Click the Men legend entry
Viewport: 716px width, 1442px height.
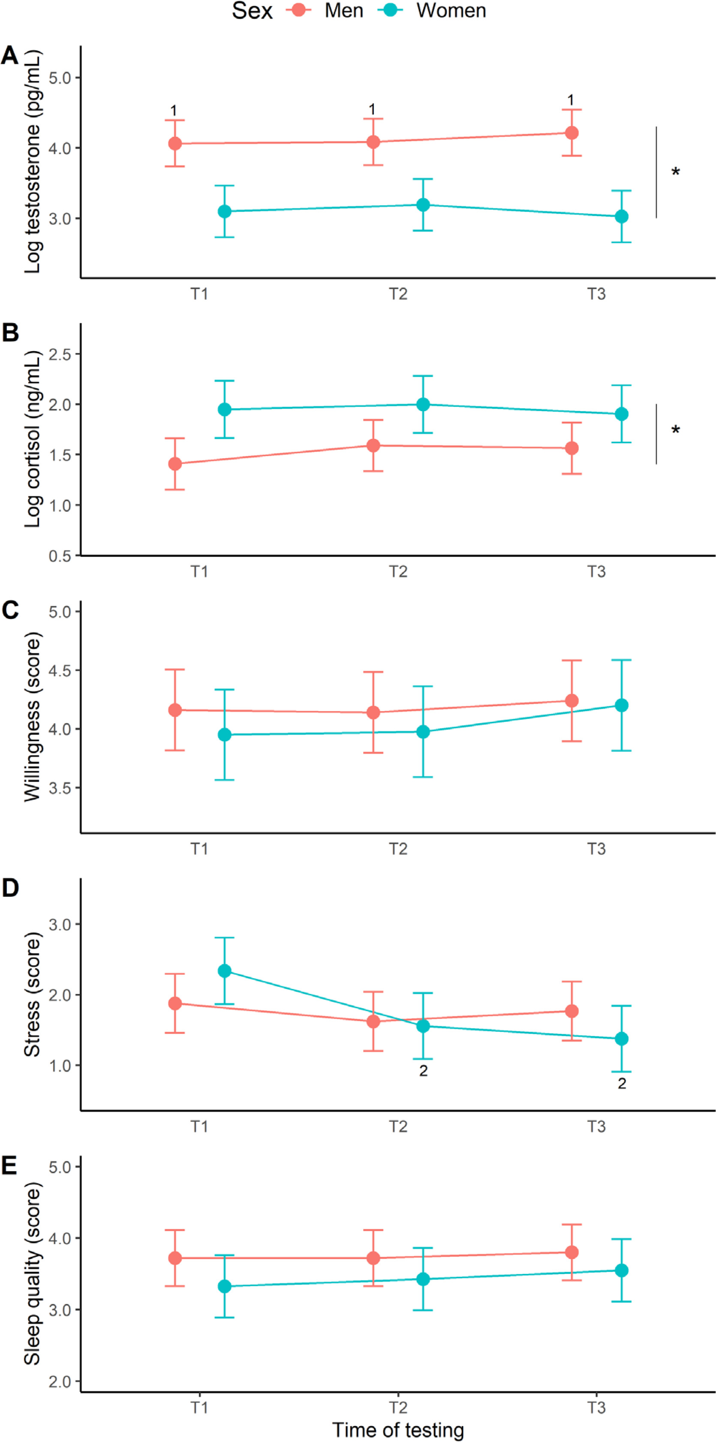tap(325, 11)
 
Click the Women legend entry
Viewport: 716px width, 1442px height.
tap(431, 11)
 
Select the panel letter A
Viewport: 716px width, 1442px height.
tap(9, 55)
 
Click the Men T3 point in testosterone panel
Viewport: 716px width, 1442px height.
tap(572, 132)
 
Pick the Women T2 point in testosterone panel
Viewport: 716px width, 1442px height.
tap(423, 205)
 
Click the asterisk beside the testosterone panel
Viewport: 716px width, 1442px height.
tap(676, 172)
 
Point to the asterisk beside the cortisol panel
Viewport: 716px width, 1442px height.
tap(676, 430)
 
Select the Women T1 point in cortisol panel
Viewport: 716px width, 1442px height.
tap(225, 410)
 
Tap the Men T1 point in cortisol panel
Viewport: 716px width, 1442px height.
tap(175, 464)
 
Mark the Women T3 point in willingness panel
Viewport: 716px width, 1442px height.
tap(621, 705)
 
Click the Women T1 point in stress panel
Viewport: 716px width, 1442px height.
tap(225, 970)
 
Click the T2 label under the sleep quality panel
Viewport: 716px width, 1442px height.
tap(398, 1407)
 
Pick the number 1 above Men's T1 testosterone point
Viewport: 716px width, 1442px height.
tap(174, 110)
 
